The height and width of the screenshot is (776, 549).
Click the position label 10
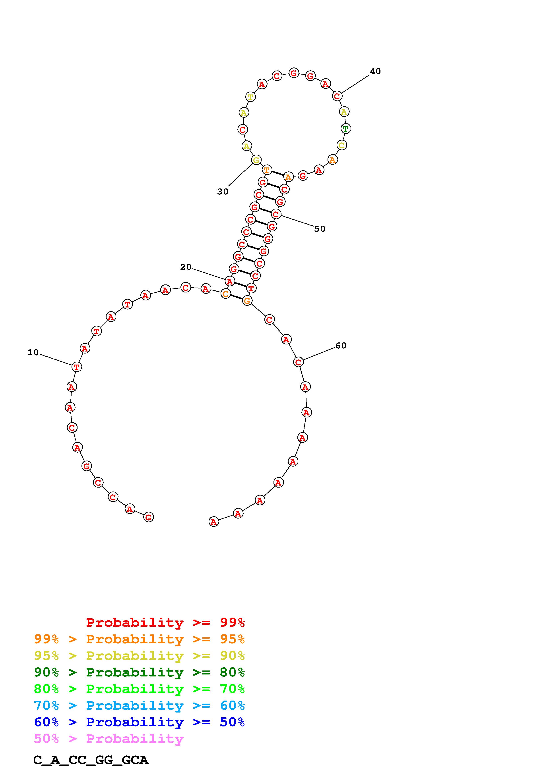(x=33, y=353)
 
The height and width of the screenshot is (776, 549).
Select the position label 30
(x=223, y=192)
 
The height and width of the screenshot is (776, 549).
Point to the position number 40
(x=375, y=71)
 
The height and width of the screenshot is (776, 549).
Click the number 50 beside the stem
(x=319, y=229)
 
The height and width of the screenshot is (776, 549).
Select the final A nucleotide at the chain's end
(x=214, y=522)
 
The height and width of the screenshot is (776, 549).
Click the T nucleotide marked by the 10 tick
(x=77, y=367)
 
